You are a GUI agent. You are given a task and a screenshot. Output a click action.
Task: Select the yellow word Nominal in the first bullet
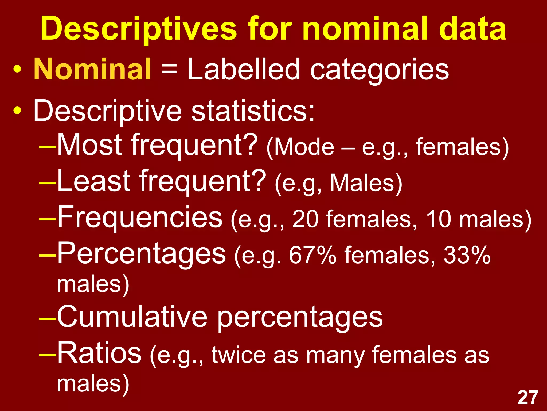92,69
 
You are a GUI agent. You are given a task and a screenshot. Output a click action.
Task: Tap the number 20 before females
305,219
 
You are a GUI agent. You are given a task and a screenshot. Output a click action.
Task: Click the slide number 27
528,398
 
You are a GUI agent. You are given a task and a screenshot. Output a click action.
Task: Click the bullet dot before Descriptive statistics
17,111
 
